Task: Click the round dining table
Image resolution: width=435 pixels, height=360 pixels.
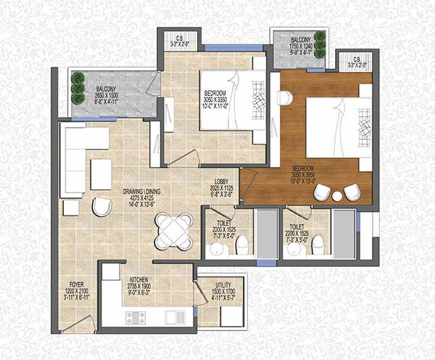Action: (174, 231)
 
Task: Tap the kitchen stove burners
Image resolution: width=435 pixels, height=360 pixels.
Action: (136, 316)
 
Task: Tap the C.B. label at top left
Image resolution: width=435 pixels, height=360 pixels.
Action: (178, 41)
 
